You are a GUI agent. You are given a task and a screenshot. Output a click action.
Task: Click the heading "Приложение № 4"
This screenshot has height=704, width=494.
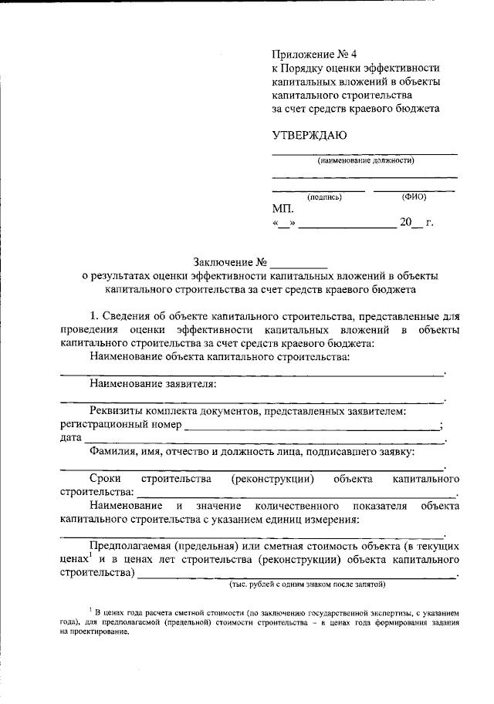pos(315,54)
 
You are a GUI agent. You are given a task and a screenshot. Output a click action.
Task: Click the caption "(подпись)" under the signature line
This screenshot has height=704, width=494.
pos(324,197)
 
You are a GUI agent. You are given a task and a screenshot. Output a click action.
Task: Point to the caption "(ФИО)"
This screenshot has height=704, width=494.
pos(414,197)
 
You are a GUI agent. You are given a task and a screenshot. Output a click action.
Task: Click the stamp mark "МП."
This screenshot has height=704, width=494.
pos(283,209)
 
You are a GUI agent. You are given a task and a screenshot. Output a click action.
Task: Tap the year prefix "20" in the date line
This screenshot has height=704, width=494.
pos(406,224)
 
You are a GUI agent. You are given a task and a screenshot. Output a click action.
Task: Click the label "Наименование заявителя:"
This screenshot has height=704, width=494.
pos(153,383)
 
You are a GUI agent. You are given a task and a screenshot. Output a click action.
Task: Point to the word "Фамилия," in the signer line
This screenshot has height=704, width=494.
pos(113,451)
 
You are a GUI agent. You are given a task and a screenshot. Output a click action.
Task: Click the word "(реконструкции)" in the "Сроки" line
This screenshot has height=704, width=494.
pos(272,479)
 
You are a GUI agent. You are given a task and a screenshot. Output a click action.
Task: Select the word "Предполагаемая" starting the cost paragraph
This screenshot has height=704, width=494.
pos(131,545)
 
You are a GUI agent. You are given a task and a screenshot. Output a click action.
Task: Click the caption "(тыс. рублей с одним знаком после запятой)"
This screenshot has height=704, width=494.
pos(306,584)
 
